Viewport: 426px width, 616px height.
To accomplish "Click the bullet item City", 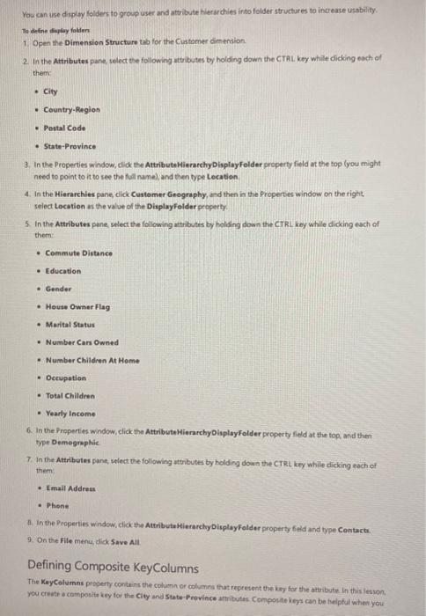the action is coord(51,91).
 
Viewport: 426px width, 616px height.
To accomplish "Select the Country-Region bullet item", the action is coord(71,109).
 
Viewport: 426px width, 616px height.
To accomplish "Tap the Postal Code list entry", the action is coord(64,128).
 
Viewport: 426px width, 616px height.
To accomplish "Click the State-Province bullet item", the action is coord(70,146).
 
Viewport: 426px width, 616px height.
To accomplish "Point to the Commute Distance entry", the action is coord(78,253).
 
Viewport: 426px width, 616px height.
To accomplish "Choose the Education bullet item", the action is coord(62,270).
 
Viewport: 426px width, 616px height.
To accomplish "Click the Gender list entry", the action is coord(58,289).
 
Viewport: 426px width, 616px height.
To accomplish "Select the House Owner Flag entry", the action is coord(77,306).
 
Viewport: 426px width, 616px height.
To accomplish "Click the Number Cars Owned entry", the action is coord(81,342).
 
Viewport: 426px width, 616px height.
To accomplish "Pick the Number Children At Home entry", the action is coord(92,360).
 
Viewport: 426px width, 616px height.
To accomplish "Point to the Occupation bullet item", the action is coord(65,378).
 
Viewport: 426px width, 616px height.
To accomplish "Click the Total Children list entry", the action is coord(70,396).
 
